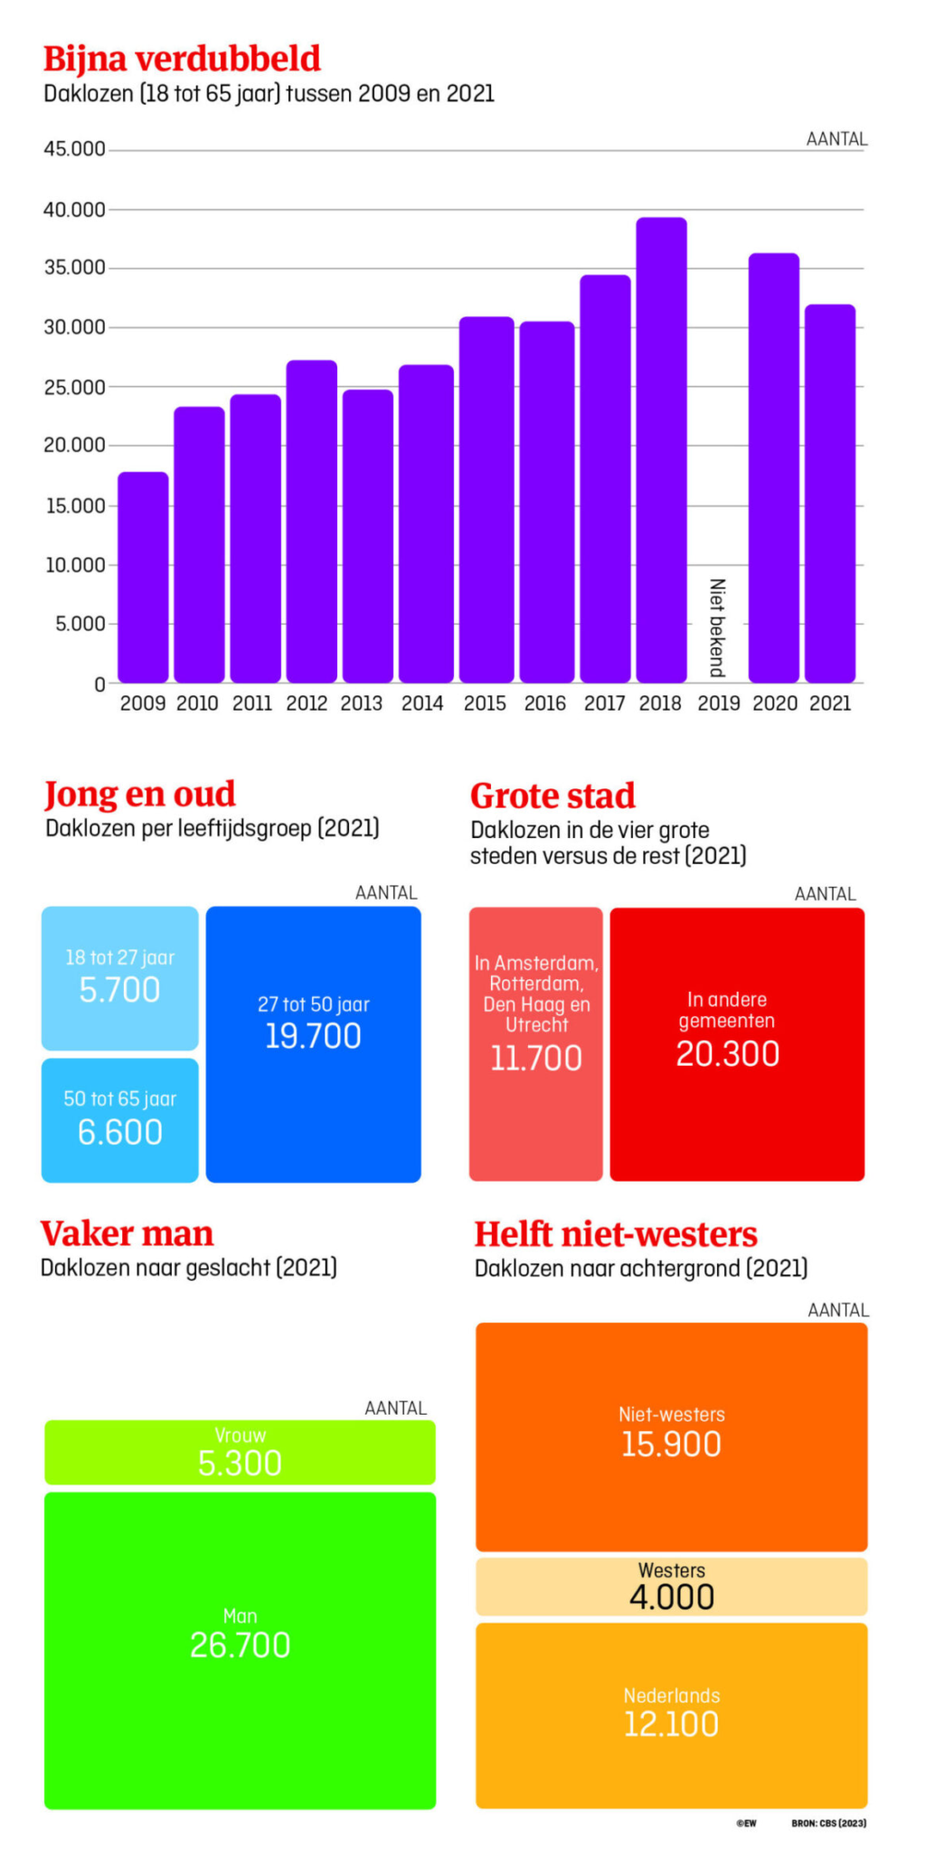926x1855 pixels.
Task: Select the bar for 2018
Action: (661, 452)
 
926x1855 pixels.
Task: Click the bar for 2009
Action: (143, 579)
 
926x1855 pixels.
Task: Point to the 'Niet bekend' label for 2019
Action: (717, 627)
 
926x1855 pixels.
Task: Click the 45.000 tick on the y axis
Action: (74, 149)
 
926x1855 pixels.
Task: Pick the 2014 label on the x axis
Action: (422, 703)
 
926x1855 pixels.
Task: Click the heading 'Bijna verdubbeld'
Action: (182, 59)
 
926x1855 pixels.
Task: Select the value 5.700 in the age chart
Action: (119, 990)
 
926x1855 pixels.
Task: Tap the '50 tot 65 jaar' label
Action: (119, 1099)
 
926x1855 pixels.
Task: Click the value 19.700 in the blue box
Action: (313, 1036)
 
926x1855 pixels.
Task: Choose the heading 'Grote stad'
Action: (553, 796)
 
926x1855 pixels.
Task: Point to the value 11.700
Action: (535, 1059)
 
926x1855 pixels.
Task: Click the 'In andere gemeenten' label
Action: (727, 1010)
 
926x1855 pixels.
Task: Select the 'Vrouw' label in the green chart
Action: (240, 1436)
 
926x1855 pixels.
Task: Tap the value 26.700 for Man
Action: (240, 1645)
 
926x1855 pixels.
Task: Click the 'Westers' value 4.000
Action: (672, 1597)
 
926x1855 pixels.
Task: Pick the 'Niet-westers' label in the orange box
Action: (671, 1415)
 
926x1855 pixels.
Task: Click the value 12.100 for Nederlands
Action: (671, 1725)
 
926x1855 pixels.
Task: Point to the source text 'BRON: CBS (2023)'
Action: (828, 1823)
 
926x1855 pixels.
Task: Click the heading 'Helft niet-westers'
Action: (616, 1235)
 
